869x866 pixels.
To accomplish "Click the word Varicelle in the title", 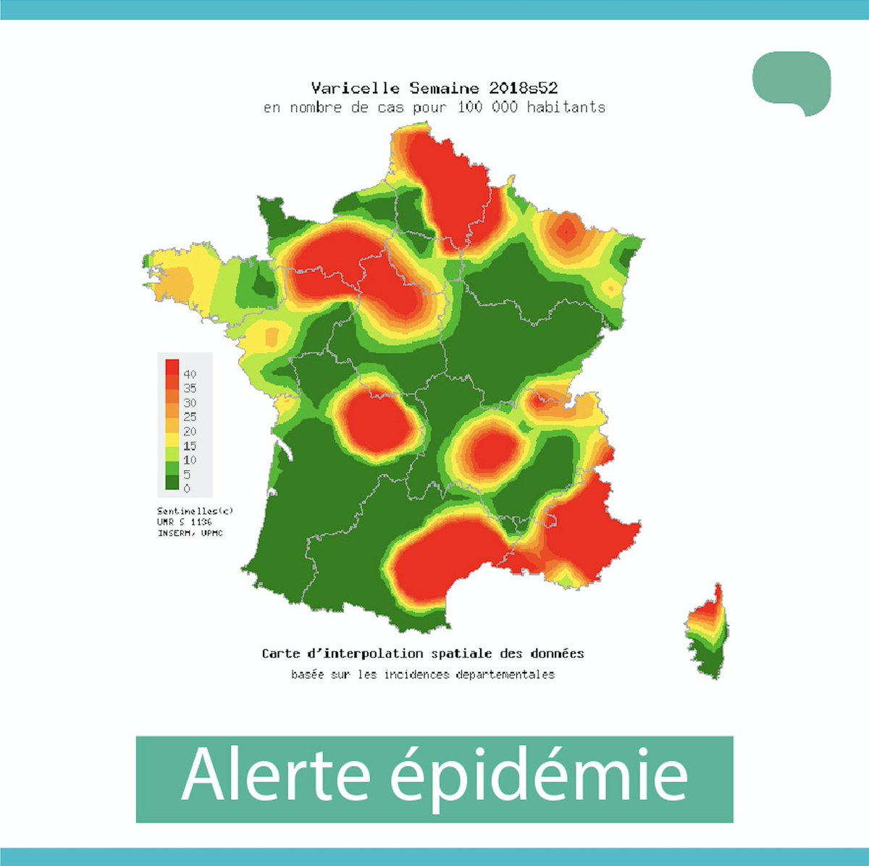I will pos(355,88).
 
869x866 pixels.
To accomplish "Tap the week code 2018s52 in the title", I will pos(523,88).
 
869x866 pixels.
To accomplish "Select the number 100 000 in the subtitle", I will pos(487,107).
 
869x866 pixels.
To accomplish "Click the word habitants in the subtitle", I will pos(566,107).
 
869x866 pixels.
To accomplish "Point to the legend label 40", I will pos(190,375).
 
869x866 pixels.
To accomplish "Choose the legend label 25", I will pos(190,417).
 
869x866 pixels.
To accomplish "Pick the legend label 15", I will pos(190,446).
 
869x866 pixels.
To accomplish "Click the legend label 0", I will pos(187,488).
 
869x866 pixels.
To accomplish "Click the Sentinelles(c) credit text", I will pos(195,511).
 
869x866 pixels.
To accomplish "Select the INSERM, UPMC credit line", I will pos(190,533).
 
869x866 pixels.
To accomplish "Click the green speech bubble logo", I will pos(791,82).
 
